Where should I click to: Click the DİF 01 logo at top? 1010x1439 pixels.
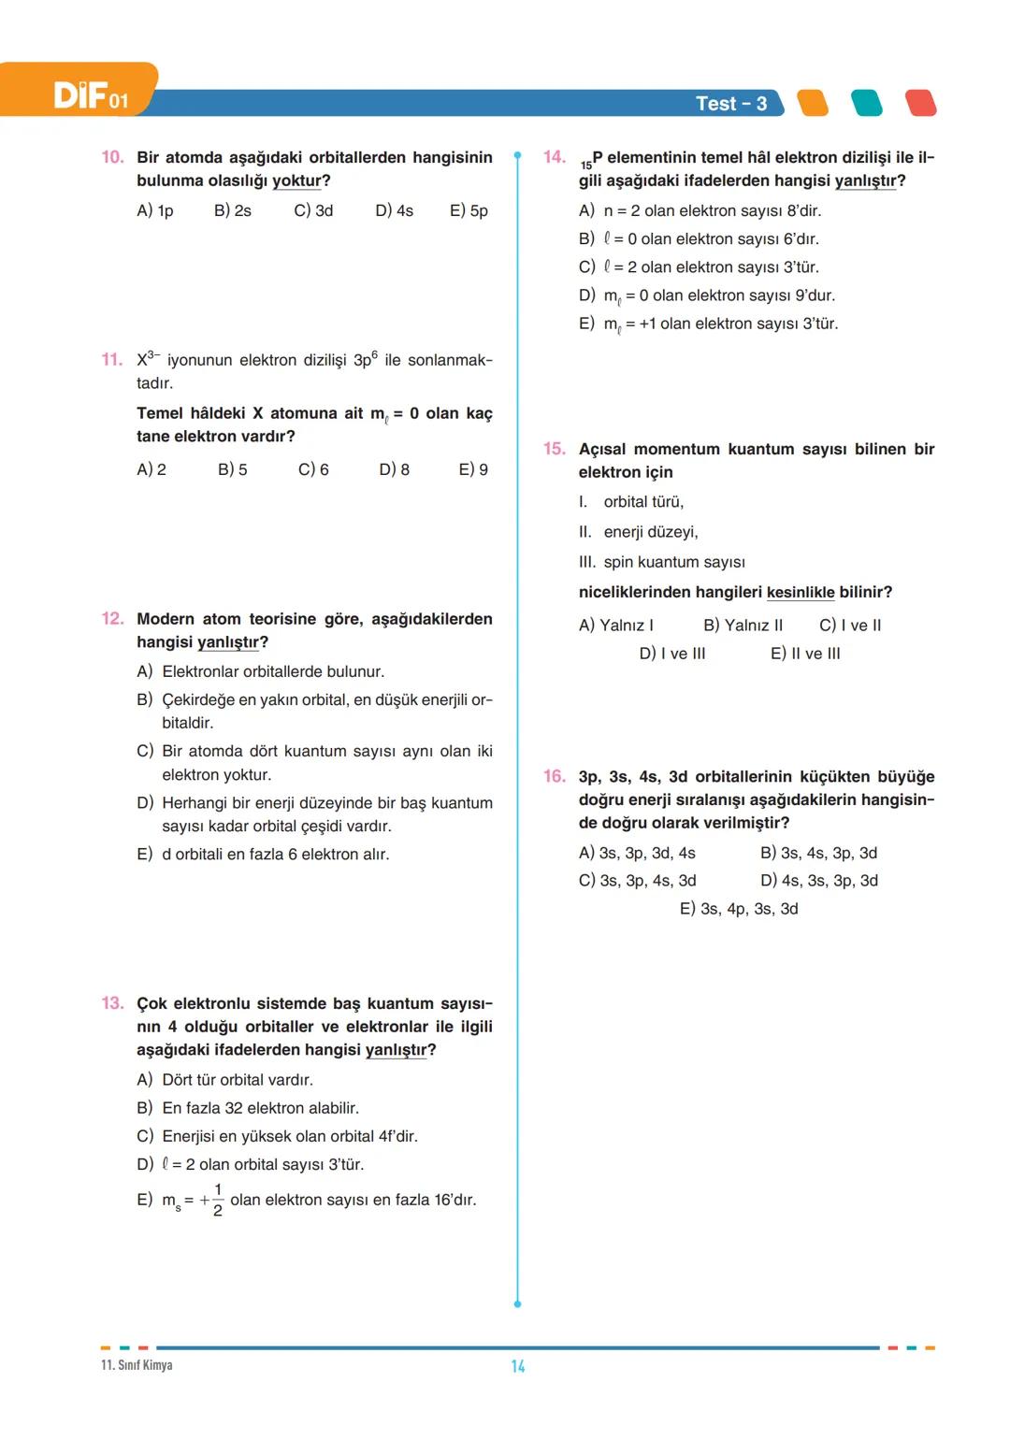(x=90, y=95)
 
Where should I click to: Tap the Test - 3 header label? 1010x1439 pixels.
(x=730, y=104)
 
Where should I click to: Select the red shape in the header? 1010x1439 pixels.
(x=920, y=103)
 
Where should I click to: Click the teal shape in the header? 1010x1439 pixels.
(x=866, y=103)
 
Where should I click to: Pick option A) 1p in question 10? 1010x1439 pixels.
(x=155, y=211)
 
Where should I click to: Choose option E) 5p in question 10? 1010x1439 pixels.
(x=469, y=211)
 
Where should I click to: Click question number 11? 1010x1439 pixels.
(x=112, y=360)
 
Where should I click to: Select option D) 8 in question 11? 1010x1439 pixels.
(x=394, y=469)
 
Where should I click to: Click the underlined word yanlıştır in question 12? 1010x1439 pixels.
(x=227, y=642)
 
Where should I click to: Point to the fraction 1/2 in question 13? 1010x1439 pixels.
(x=217, y=1200)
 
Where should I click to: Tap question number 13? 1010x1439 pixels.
(x=112, y=1003)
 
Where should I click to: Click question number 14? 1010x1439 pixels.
(x=555, y=157)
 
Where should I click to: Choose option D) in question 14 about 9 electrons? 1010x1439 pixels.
(x=707, y=295)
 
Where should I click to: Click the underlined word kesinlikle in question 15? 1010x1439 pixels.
(x=800, y=593)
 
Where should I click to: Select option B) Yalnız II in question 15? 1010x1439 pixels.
(x=743, y=626)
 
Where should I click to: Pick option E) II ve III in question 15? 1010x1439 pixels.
(x=804, y=654)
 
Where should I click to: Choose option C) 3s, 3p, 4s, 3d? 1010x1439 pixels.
(x=637, y=881)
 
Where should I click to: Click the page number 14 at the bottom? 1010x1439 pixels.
(x=517, y=1366)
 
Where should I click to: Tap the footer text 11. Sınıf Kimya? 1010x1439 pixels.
(x=137, y=1365)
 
